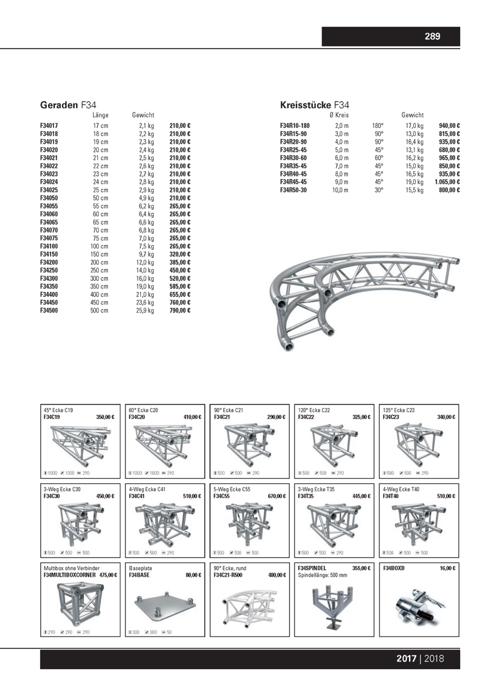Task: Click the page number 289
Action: [432, 37]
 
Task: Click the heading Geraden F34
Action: [68, 105]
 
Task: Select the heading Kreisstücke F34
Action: [314, 105]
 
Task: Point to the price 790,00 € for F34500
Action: [180, 310]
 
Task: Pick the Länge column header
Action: [100, 115]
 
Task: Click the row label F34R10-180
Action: [294, 125]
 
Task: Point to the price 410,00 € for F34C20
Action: [192, 417]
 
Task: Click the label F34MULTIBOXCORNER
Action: [70, 575]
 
